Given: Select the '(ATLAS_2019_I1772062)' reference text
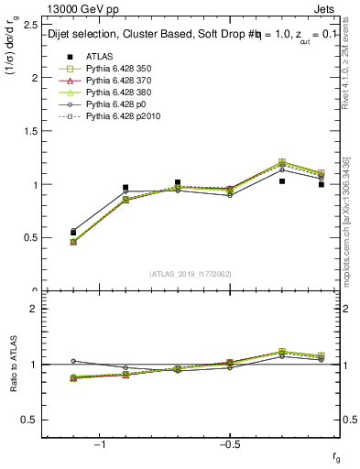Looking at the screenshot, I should (x=190, y=274).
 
